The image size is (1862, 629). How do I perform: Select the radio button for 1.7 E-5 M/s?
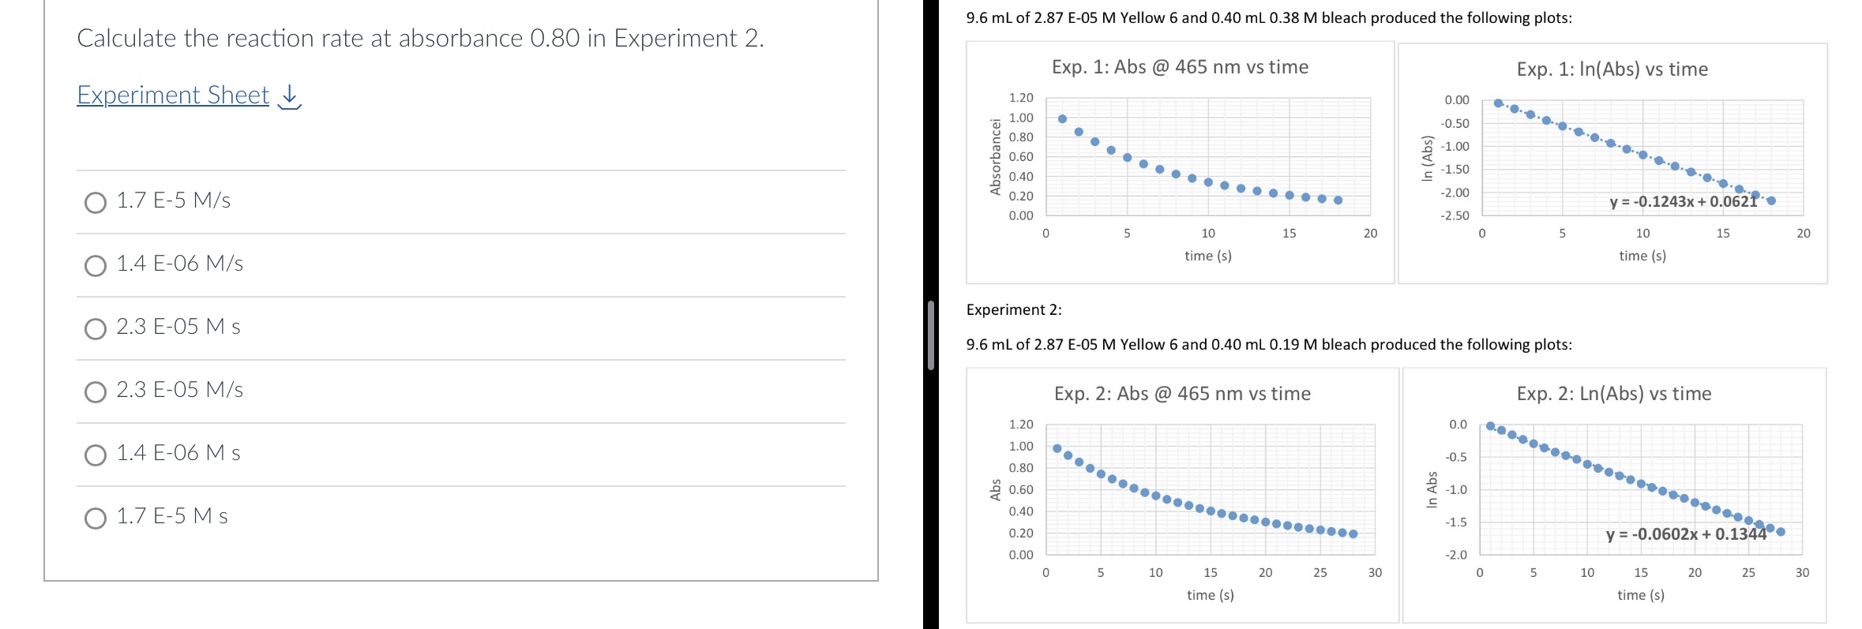[96, 203]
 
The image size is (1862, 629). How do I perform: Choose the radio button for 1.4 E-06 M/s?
[96, 266]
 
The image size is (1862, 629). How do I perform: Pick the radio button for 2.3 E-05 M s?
[96, 329]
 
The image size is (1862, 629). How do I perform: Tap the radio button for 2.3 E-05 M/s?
[96, 392]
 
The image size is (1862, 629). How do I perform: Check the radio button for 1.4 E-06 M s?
[96, 455]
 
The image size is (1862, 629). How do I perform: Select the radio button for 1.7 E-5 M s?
[96, 519]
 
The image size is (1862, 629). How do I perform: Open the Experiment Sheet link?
[173, 95]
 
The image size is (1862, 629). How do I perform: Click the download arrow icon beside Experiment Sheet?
[291, 96]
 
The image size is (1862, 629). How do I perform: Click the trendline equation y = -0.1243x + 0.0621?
[1684, 202]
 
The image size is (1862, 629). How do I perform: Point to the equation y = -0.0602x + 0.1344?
[1686, 534]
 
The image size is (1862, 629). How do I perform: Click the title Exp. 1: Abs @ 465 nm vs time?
[1180, 67]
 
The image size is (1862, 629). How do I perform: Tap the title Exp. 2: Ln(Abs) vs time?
[1613, 394]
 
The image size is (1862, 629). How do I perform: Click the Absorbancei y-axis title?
[996, 156]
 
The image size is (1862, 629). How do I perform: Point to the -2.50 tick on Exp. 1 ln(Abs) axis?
[1456, 215]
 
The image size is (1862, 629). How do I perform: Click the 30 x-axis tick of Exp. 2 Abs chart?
[1375, 573]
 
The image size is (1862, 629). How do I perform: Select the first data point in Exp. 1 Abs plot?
[1062, 119]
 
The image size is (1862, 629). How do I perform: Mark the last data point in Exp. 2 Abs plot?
[1353, 534]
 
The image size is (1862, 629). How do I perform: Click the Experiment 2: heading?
[1014, 310]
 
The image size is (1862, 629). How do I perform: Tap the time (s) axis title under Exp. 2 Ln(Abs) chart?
[1640, 595]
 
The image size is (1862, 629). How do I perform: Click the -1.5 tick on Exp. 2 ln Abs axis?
[1457, 522]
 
